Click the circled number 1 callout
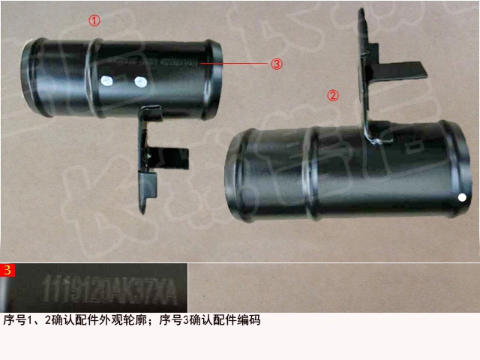pos(94,21)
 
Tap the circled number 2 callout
pos(334,95)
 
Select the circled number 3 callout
pos(277,64)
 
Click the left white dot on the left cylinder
pos(106,78)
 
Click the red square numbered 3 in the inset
pos(7,270)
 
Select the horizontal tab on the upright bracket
pos(405,69)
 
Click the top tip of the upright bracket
pos(362,11)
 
